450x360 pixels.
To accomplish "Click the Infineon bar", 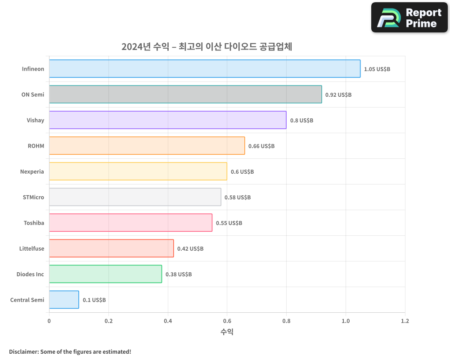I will pyautogui.click(x=205, y=69).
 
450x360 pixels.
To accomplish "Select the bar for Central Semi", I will pyautogui.click(x=64, y=300).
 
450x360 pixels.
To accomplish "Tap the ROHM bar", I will pyautogui.click(x=147, y=146).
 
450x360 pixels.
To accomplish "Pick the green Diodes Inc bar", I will pyautogui.click(x=105, y=274).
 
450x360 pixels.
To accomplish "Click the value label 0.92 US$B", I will pyautogui.click(x=338, y=95).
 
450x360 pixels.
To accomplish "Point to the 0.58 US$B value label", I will pyautogui.click(x=238, y=198).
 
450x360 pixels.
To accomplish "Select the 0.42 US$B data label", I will pyautogui.click(x=190, y=249).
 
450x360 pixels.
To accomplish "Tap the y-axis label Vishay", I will pyautogui.click(x=36, y=120).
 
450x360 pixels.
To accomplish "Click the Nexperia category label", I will pyautogui.click(x=32, y=171).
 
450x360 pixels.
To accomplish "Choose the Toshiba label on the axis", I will pyautogui.click(x=34, y=223).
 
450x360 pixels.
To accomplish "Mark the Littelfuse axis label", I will pyautogui.click(x=31, y=248).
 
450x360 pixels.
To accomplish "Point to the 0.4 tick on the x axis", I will pyautogui.click(x=168, y=321).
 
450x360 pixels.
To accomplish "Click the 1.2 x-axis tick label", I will pyautogui.click(x=405, y=321).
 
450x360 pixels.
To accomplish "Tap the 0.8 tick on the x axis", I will pyautogui.click(x=286, y=321).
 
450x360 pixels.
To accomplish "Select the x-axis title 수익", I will pyautogui.click(x=227, y=332).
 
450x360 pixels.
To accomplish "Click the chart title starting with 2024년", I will pyautogui.click(x=207, y=47).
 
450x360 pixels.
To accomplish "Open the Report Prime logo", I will pyautogui.click(x=409, y=18).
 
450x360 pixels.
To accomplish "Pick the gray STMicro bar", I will pyautogui.click(x=135, y=197).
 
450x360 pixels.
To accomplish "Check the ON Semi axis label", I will pyautogui.click(x=33, y=94).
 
